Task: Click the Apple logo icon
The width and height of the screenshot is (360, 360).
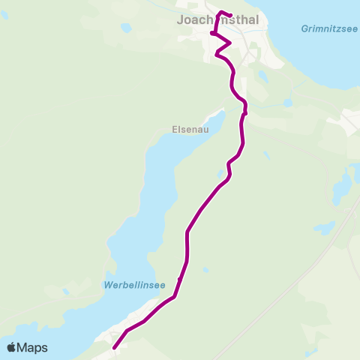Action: tap(12, 347)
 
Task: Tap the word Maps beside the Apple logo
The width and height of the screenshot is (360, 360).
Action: tap(33, 348)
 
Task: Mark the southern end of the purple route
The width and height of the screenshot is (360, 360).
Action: tap(114, 348)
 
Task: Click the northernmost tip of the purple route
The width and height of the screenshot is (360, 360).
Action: tap(221, 12)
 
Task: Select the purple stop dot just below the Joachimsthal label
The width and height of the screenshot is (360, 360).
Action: tap(213, 33)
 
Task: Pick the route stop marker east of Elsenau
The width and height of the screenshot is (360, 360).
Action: tap(245, 113)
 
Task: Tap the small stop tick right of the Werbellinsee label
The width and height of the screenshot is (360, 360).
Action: tap(180, 280)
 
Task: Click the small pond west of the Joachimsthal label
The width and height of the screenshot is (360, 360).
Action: tap(126, 28)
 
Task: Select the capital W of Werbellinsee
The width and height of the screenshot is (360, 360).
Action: tap(106, 286)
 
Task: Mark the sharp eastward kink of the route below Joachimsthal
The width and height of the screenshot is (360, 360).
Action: tap(229, 44)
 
